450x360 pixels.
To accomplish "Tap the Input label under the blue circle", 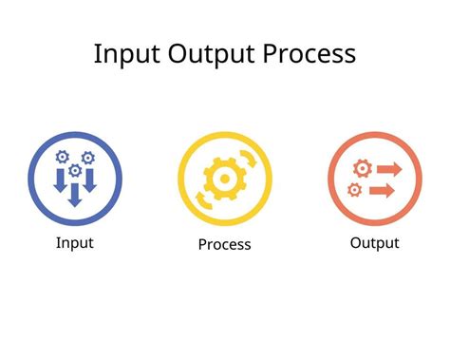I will pyautogui.click(x=75, y=242).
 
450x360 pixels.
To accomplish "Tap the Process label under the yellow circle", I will pyautogui.click(x=224, y=244).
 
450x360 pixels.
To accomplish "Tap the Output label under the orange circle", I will pyautogui.click(x=374, y=242).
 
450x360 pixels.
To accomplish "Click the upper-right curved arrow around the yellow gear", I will pyautogui.click(x=249, y=161).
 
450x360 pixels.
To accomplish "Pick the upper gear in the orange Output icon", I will pyautogui.click(x=360, y=168).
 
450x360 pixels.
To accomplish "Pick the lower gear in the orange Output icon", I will pyautogui.click(x=355, y=190).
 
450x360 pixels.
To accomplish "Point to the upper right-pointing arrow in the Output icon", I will pyautogui.click(x=386, y=168).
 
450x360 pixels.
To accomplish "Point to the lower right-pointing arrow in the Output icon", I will pyautogui.click(x=382, y=190).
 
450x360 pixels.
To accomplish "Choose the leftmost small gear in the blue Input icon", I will pyautogui.click(x=63, y=156).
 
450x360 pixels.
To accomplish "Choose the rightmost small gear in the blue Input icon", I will pyautogui.click(x=88, y=156).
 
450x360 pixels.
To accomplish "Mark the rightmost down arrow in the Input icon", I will pyautogui.click(x=89, y=179).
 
